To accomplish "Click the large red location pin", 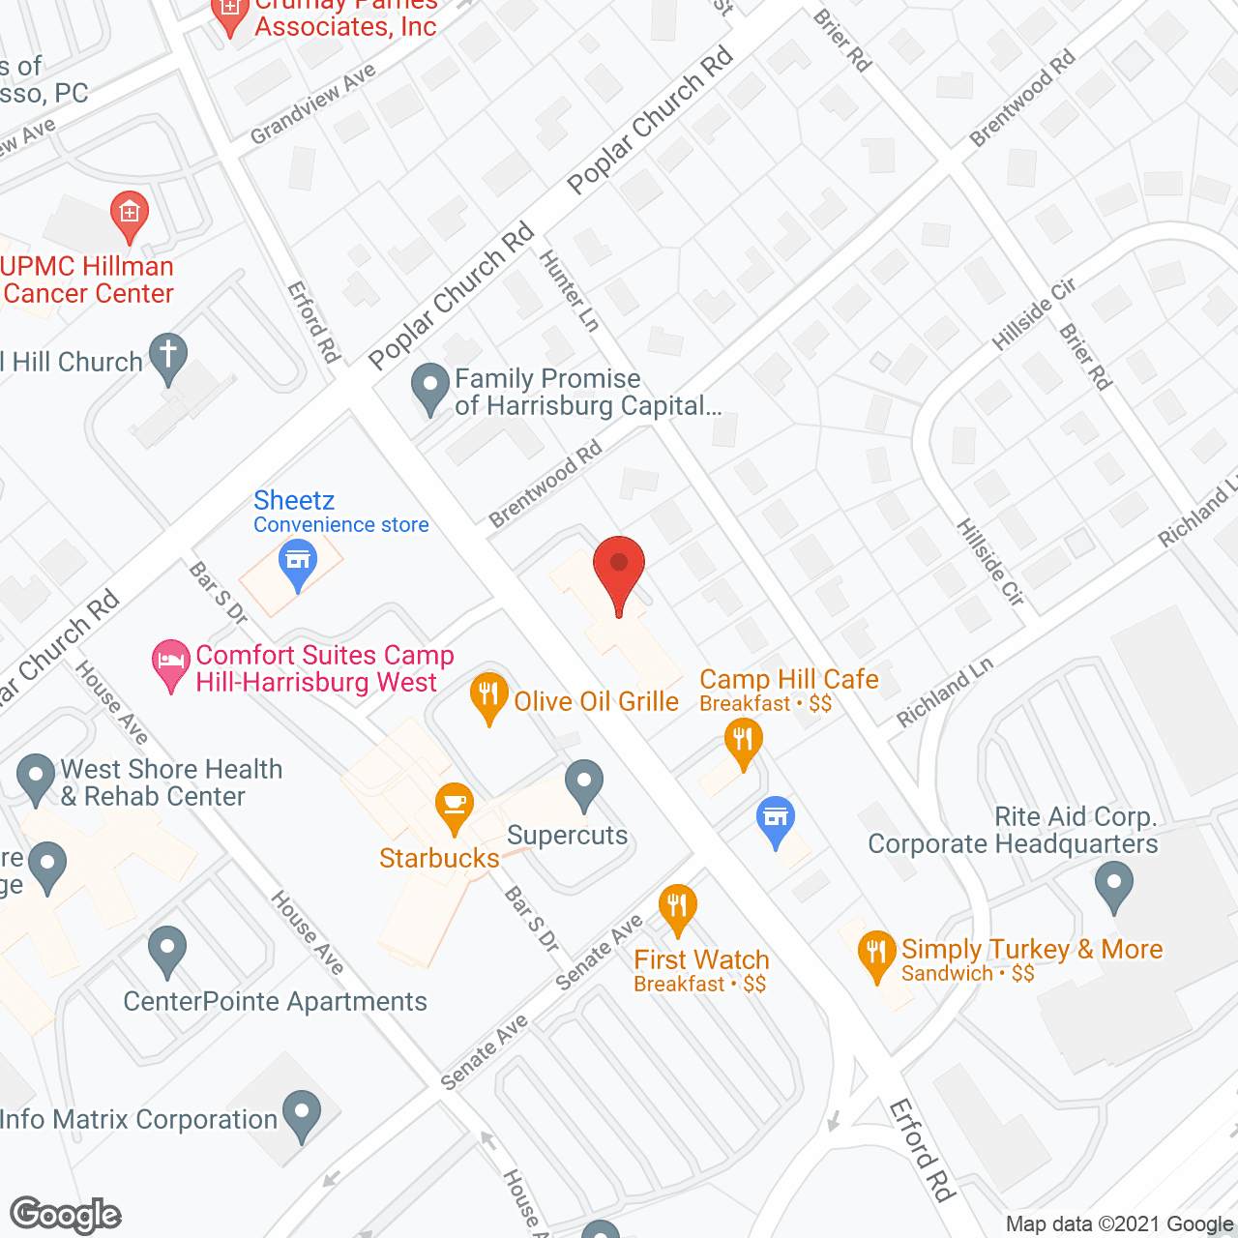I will point(618,571).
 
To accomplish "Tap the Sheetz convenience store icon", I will point(298,564).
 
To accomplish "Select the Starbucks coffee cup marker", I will point(454,807).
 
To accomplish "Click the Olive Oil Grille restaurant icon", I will point(489,696).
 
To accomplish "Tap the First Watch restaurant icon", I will point(677,908).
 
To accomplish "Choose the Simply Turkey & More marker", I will point(876,954).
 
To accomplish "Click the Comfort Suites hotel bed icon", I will point(171,664).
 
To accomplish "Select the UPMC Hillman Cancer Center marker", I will point(129,216).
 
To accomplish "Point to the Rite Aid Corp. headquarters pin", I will point(1114,886).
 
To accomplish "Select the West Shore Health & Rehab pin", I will point(36,777).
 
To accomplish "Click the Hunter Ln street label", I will point(570,290).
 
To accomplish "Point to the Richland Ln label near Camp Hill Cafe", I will point(944,693).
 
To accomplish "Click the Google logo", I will point(66,1215).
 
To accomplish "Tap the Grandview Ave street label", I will point(312,104).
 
